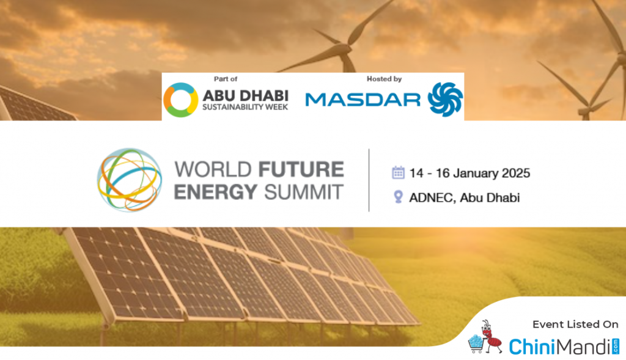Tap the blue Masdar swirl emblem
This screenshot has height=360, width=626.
tap(445, 100)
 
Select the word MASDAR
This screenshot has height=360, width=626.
tap(363, 100)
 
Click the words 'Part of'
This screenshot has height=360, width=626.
tap(226, 79)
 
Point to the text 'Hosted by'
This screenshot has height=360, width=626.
tap(384, 79)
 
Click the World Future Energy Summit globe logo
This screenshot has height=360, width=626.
tap(130, 180)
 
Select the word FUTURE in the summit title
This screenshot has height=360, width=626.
tap(301, 169)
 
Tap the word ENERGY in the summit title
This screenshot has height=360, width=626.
tap(216, 191)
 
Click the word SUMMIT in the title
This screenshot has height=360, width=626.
tap(304, 191)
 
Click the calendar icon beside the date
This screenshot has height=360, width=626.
tap(398, 173)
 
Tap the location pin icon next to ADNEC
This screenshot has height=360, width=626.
tap(398, 197)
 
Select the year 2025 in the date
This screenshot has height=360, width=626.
tap(516, 173)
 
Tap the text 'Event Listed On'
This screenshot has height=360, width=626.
tap(575, 325)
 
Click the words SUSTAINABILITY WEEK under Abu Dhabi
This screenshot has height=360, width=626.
tap(245, 107)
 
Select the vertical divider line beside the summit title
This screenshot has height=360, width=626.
tap(369, 180)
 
